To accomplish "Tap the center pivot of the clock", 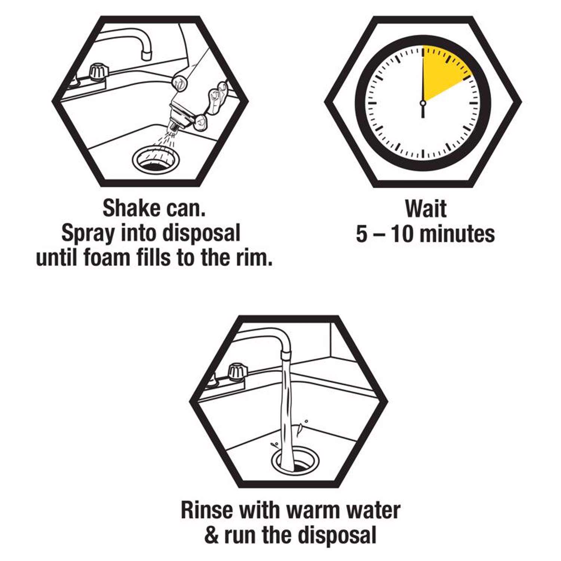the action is [423, 102].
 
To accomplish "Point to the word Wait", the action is [426, 208].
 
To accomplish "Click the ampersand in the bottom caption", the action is [212, 536].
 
